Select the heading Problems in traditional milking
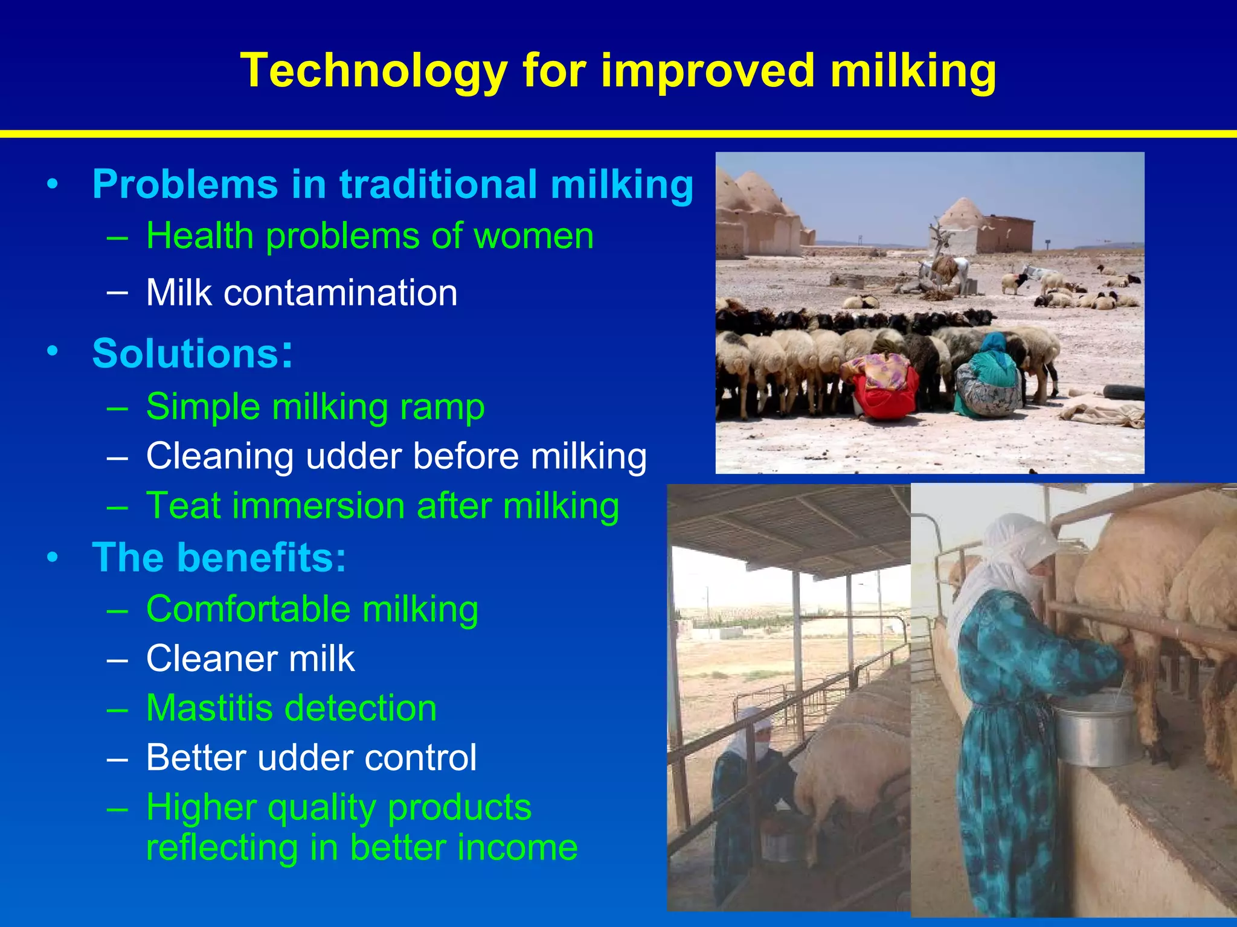coord(393,184)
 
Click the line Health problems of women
coord(370,236)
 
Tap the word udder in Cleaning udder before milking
coord(353,456)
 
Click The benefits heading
coord(219,557)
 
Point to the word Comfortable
coord(248,609)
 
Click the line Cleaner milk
coord(250,658)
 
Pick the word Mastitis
coord(209,708)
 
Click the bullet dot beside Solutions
coord(53,351)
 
